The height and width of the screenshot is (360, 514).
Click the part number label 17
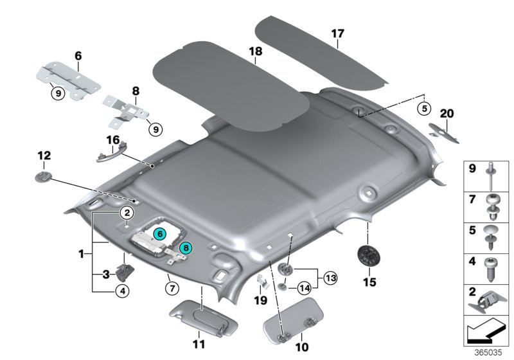point(339,33)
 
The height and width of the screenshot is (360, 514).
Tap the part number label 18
point(255,50)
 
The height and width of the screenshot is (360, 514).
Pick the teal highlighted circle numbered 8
point(185,246)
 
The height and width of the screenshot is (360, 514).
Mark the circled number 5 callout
point(423,108)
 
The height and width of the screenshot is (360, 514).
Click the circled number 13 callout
point(331,278)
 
